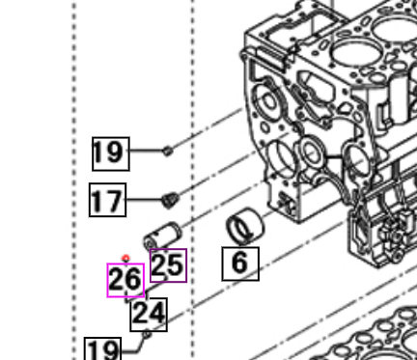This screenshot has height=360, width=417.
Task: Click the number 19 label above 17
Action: [109, 152]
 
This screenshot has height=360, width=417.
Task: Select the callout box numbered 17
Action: [107, 201]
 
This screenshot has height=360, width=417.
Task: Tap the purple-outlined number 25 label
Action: [167, 264]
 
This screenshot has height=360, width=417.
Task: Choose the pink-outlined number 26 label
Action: [125, 280]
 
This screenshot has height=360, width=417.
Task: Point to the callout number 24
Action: [149, 312]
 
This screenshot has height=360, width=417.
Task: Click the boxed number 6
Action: [240, 262]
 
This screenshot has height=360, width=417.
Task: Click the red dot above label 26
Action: [125, 259]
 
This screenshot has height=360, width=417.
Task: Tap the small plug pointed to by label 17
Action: [168, 200]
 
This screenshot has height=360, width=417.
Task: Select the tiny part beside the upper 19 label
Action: [168, 150]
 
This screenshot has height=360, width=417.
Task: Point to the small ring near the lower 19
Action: [146, 335]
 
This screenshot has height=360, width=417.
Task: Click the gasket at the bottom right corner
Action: [376, 338]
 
